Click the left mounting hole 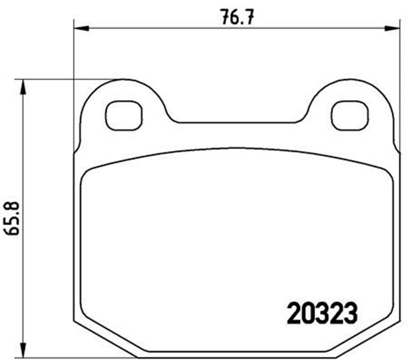pos(122,115)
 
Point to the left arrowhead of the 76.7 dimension pos(79,28)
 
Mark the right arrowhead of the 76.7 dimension pos(392,28)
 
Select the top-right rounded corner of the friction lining pos(383,169)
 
